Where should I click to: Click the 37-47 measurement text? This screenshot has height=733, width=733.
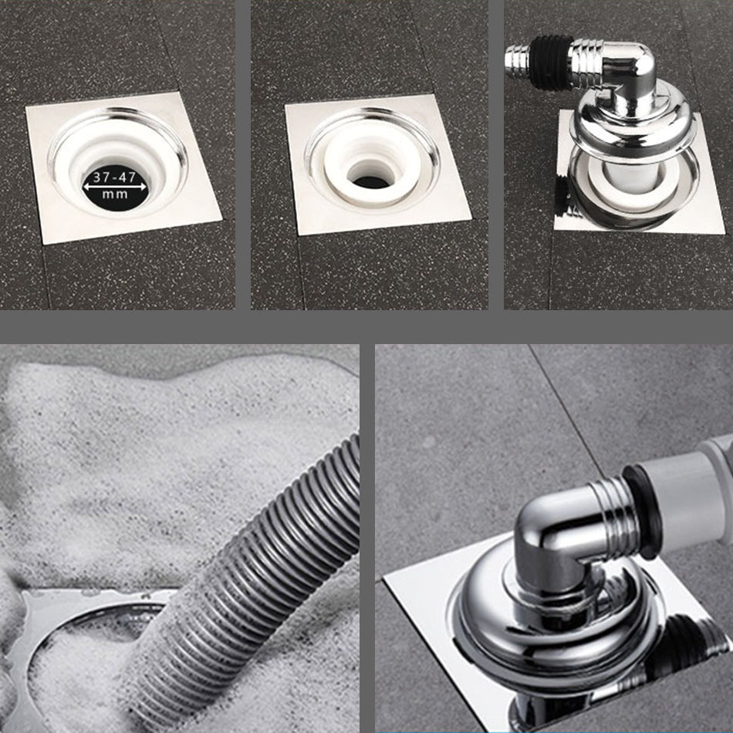(114, 177)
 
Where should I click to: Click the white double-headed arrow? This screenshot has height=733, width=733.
(114, 186)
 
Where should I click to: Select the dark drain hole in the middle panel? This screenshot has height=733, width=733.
(373, 181)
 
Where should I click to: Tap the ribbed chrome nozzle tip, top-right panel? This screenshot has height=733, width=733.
(517, 58)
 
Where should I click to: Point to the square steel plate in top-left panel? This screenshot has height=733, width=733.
(124, 167)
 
